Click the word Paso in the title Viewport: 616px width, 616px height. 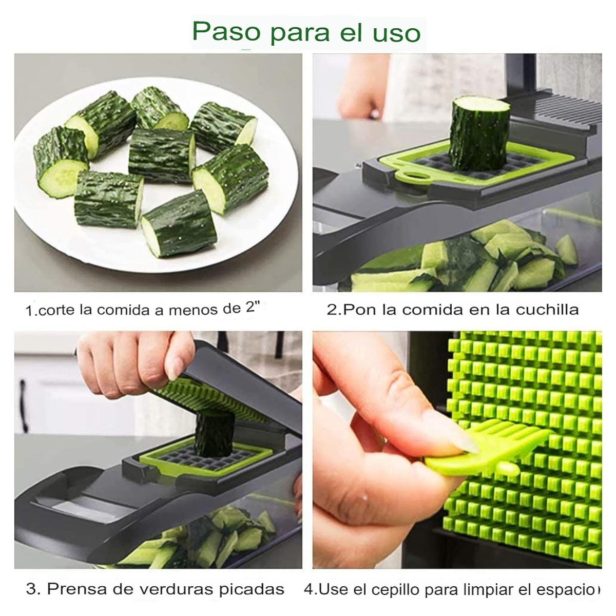point(226,32)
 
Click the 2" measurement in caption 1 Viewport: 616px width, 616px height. point(253,308)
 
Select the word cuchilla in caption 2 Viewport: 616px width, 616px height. point(547,310)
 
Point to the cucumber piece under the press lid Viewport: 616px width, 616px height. point(215,433)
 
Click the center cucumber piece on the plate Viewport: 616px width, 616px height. point(161,156)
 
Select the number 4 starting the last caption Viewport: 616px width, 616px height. point(309,589)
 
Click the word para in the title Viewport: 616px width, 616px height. point(300,33)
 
